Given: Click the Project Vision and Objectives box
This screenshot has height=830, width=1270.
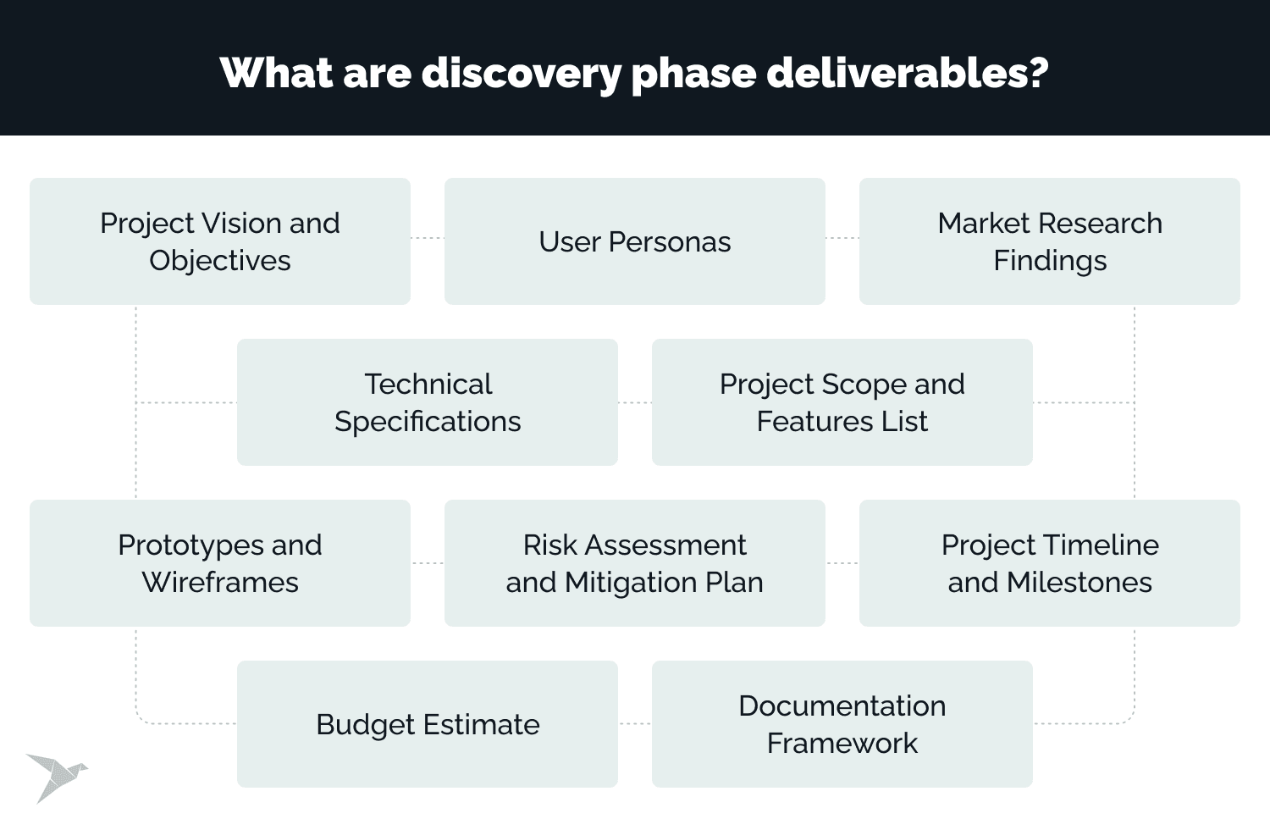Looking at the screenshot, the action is pos(220,241).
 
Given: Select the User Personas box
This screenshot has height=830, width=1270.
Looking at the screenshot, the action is pos(634,241).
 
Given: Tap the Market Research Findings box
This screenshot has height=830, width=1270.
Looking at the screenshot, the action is pos(1050,241).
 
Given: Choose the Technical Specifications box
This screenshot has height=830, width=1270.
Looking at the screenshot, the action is pos(428,402).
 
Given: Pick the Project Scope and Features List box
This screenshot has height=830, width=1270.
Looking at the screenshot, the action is pos(842,402).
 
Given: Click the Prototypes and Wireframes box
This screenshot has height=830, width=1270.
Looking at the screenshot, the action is pos(220,562).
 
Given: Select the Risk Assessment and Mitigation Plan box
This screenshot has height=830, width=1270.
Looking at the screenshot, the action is pos(634,562).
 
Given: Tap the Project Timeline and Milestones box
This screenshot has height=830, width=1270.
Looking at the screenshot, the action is pos(1050,562).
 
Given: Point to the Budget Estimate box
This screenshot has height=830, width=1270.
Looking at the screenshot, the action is pos(428,724).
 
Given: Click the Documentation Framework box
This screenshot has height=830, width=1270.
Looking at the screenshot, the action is pos(842,724).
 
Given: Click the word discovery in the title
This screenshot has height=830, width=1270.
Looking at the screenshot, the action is pos(521,75).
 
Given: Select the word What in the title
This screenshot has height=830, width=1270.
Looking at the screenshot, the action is pos(276,73).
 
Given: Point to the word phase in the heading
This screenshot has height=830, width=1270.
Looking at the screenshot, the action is pos(694,75).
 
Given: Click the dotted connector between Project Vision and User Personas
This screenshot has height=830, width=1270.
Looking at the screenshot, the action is pos(428,238).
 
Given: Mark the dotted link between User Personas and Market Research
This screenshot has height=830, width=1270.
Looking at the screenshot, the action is pos(842,238).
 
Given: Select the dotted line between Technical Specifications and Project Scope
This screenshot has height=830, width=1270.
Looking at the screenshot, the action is pos(635,403).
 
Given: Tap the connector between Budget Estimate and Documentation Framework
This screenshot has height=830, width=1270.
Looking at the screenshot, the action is pos(635,724).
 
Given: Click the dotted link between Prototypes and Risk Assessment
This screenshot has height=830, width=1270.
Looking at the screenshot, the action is pos(428,563).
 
